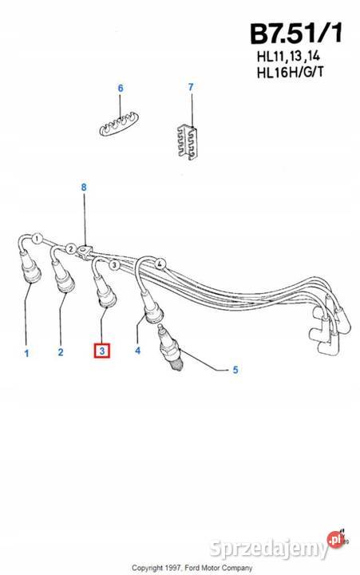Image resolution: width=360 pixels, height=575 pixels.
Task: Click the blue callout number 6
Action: pyautogui.click(x=121, y=89)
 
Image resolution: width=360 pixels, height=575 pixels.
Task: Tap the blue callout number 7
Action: pyautogui.click(x=191, y=87)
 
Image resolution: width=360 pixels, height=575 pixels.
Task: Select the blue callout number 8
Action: pyautogui.click(x=84, y=188)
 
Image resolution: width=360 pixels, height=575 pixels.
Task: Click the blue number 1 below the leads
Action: pyautogui.click(x=26, y=354)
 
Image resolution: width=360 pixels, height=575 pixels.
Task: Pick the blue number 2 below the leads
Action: pyautogui.click(x=61, y=352)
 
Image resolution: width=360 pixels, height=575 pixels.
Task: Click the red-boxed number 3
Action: pyautogui.click(x=102, y=351)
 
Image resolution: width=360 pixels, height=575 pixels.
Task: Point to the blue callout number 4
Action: pyautogui.click(x=137, y=351)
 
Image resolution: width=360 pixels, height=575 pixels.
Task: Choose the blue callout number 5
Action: pyautogui.click(x=235, y=370)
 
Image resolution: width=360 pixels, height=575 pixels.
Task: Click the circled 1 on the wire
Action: pyautogui.click(x=37, y=239)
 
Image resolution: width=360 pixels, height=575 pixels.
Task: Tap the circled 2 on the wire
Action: pyautogui.click(x=71, y=249)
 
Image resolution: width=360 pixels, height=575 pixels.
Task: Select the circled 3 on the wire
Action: pyautogui.click(x=114, y=264)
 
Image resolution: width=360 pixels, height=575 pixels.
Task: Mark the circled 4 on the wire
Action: pyautogui.click(x=160, y=264)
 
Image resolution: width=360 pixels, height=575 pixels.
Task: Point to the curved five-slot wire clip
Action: pyautogui.click(x=116, y=125)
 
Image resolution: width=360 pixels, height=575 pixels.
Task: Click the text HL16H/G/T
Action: pyautogui.click(x=290, y=72)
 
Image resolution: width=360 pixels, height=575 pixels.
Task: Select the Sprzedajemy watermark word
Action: pyautogui.click(x=269, y=549)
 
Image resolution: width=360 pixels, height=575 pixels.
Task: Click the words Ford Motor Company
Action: pyautogui.click(x=219, y=568)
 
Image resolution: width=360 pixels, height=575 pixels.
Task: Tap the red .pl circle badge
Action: pyautogui.click(x=334, y=540)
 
